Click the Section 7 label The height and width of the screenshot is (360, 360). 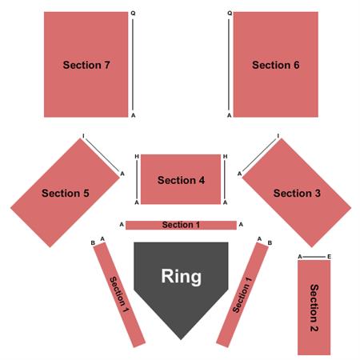(86, 65)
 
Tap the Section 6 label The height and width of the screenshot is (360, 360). (276, 65)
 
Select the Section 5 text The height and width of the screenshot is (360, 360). (66, 194)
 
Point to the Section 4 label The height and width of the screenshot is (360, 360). (181, 180)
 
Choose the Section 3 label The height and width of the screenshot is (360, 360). (297, 194)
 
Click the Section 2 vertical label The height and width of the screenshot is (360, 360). (314, 308)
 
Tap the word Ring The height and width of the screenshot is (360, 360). (182, 277)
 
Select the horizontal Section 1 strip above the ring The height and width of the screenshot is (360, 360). (181, 225)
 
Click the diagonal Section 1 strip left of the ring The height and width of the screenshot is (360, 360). (119, 295)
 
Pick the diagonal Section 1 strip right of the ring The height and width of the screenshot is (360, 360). (242, 295)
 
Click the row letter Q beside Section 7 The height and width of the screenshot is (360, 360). (133, 14)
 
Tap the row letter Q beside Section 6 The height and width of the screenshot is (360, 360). (230, 14)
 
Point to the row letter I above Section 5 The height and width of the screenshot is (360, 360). (83, 136)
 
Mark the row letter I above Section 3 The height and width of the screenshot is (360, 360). (278, 136)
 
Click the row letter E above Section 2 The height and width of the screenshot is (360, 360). (329, 257)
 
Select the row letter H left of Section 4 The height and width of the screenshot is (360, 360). (137, 157)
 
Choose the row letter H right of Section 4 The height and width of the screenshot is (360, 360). (226, 157)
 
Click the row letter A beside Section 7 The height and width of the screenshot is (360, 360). (134, 115)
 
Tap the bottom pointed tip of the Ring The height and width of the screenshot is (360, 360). (181, 339)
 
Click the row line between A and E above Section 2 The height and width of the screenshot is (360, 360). (314, 257)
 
